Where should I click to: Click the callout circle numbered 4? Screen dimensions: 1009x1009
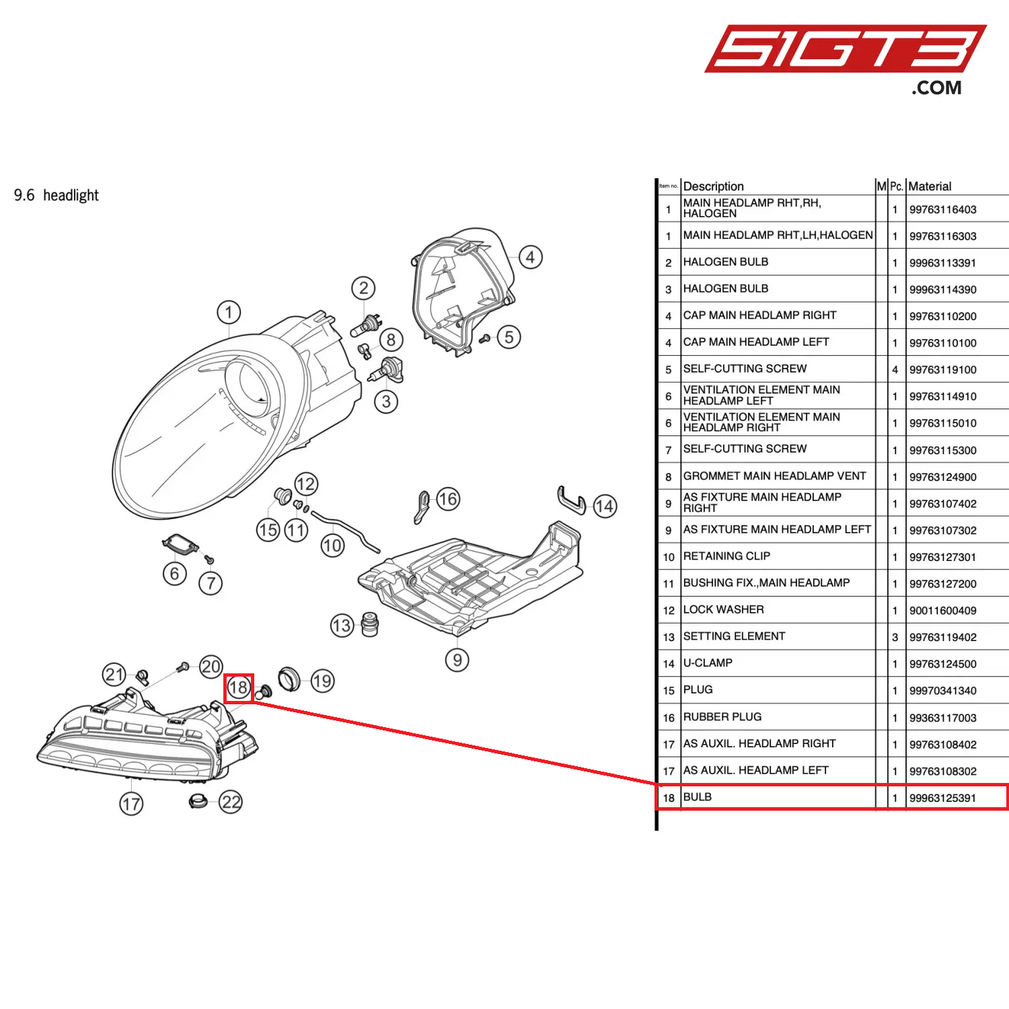tap(530, 257)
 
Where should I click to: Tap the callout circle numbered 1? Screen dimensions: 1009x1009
tap(229, 312)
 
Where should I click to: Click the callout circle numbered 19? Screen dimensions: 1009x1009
tap(322, 681)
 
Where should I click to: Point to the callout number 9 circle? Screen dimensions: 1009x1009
tap(457, 660)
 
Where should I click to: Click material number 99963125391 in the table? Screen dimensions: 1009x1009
tap(942, 798)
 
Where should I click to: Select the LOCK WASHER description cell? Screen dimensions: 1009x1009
tap(724, 609)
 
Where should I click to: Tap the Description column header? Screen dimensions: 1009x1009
tap(713, 186)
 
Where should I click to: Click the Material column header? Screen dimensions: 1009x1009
tap(930, 186)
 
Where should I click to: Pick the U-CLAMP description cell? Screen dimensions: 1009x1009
tap(708, 663)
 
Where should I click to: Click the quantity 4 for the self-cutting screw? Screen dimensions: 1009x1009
tap(895, 369)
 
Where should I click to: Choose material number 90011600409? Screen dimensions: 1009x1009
tap(942, 611)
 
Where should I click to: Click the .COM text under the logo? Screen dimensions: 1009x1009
tap(936, 88)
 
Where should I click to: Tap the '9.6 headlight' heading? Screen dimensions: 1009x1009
tap(57, 195)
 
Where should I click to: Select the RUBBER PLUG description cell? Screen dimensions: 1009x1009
tap(722, 716)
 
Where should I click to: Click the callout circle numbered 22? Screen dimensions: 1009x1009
tap(231, 802)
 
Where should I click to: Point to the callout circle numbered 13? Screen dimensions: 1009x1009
tap(342, 626)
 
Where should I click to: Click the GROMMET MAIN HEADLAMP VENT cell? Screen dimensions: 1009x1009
tap(774, 476)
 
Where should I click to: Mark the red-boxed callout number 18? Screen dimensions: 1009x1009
tap(238, 687)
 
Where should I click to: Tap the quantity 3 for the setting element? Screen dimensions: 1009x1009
tap(895, 637)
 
